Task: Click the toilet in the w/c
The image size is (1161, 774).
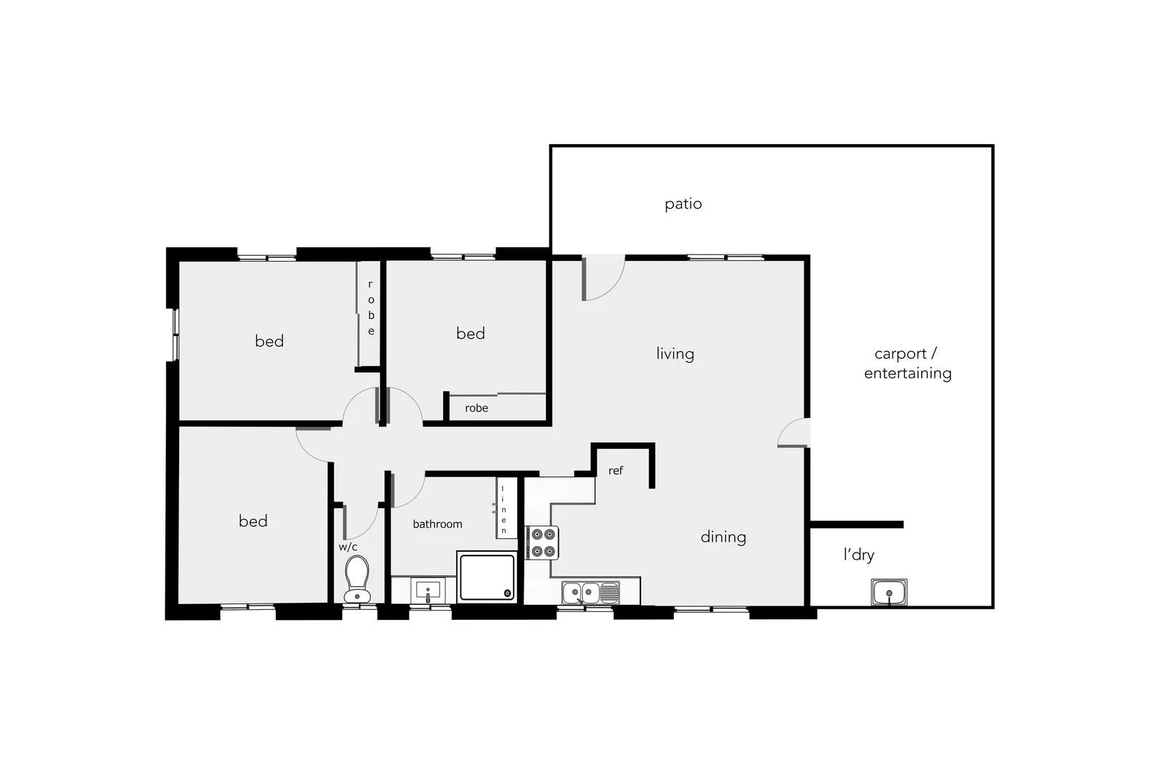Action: coord(357,579)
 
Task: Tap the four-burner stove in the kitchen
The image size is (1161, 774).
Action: coord(542,543)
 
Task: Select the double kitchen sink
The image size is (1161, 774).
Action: coord(590,593)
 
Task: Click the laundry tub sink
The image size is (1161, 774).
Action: coord(889,593)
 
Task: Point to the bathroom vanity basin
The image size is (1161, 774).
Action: coord(428,591)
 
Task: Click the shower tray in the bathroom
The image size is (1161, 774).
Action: coord(487,576)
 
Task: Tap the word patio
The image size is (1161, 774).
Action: coord(683,204)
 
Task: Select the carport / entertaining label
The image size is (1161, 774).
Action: coord(907,363)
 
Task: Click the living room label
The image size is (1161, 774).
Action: coord(675,353)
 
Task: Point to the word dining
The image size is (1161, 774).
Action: coord(723,537)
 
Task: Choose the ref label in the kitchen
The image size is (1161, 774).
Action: coord(615,471)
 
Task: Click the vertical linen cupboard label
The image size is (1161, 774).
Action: coord(504,510)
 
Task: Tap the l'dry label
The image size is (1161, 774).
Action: coord(858,555)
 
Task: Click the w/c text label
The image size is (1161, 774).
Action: coord(348,547)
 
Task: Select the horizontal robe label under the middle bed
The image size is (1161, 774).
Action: coord(476,408)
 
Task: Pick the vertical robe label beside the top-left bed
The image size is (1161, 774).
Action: coord(370,308)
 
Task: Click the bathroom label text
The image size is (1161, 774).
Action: coord(437,524)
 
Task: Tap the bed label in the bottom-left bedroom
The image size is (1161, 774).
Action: coord(253,521)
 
